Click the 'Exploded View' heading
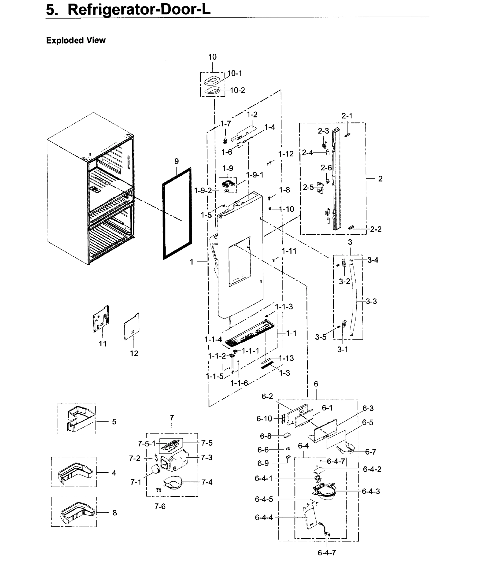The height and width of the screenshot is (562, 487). [76, 40]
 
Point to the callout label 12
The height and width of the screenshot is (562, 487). [134, 353]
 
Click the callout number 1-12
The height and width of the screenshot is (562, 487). [286, 154]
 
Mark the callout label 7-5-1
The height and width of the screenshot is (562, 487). [147, 444]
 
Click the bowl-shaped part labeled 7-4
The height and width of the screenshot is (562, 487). [172, 483]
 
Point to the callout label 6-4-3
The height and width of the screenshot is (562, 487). [371, 491]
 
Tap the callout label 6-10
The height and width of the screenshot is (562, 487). [264, 419]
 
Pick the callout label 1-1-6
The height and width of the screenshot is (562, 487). [239, 383]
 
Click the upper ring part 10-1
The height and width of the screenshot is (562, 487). [211, 81]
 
